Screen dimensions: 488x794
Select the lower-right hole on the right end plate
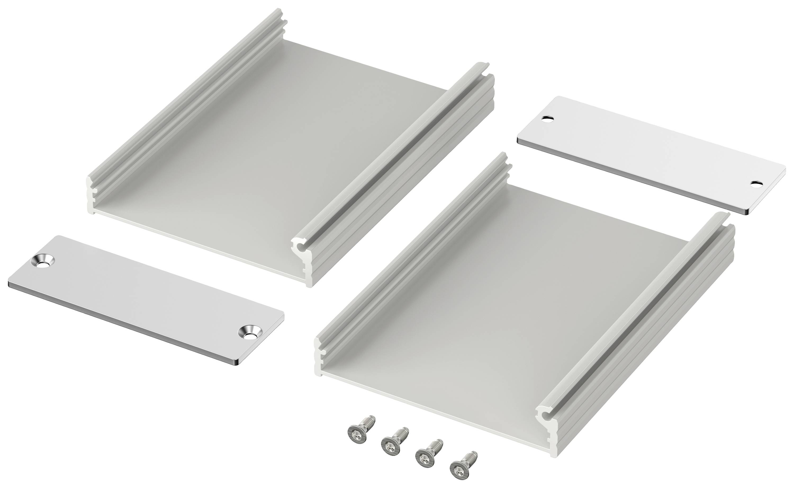[x=756, y=184]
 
